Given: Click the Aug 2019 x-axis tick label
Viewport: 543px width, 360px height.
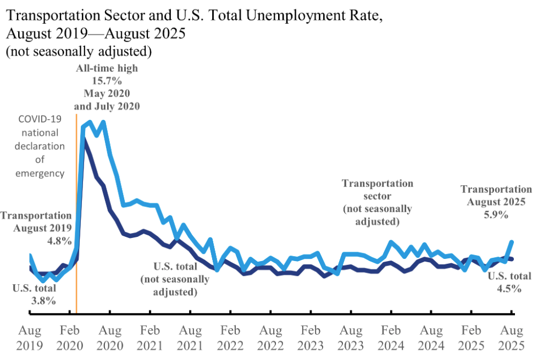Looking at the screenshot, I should pyautogui.click(x=30, y=339).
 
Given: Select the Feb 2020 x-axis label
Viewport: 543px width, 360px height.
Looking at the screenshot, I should pyautogui.click(x=70, y=339).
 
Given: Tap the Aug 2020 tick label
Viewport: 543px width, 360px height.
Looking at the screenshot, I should pyautogui.click(x=110, y=339).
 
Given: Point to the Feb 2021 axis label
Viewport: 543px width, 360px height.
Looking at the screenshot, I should pyautogui.click(x=150, y=339).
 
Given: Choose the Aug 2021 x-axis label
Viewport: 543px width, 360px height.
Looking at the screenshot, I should pyautogui.click(x=190, y=339).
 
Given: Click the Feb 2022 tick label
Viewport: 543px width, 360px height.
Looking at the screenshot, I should pyautogui.click(x=230, y=339).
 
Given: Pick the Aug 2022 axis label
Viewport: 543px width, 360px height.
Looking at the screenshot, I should pyautogui.click(x=270, y=339).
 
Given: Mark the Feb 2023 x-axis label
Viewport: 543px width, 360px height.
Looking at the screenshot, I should pyautogui.click(x=311, y=339).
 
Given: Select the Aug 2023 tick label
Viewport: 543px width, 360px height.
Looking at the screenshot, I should pyautogui.click(x=351, y=339).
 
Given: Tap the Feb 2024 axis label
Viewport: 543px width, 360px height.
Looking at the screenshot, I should pyautogui.click(x=391, y=339).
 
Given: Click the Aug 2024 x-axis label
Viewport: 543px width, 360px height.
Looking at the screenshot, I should pyautogui.click(x=431, y=339).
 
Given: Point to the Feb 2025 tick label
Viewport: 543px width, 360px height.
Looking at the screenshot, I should pyautogui.click(x=471, y=339).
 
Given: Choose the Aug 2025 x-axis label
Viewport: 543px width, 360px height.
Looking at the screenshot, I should pyautogui.click(x=511, y=339).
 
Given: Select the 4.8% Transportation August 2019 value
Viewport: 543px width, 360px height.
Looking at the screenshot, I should pyautogui.click(x=59, y=240).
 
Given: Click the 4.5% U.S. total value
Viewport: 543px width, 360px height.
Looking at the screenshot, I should pyautogui.click(x=509, y=288).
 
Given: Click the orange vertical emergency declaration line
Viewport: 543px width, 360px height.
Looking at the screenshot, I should pyautogui.click(x=76, y=220).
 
